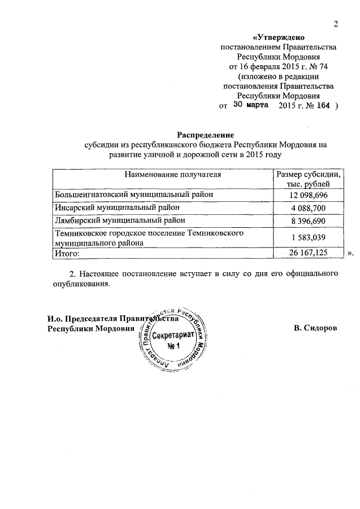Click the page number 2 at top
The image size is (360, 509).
pos(336,23)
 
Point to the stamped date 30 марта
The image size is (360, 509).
pos(251,105)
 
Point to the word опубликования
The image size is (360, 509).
pos(76,285)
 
